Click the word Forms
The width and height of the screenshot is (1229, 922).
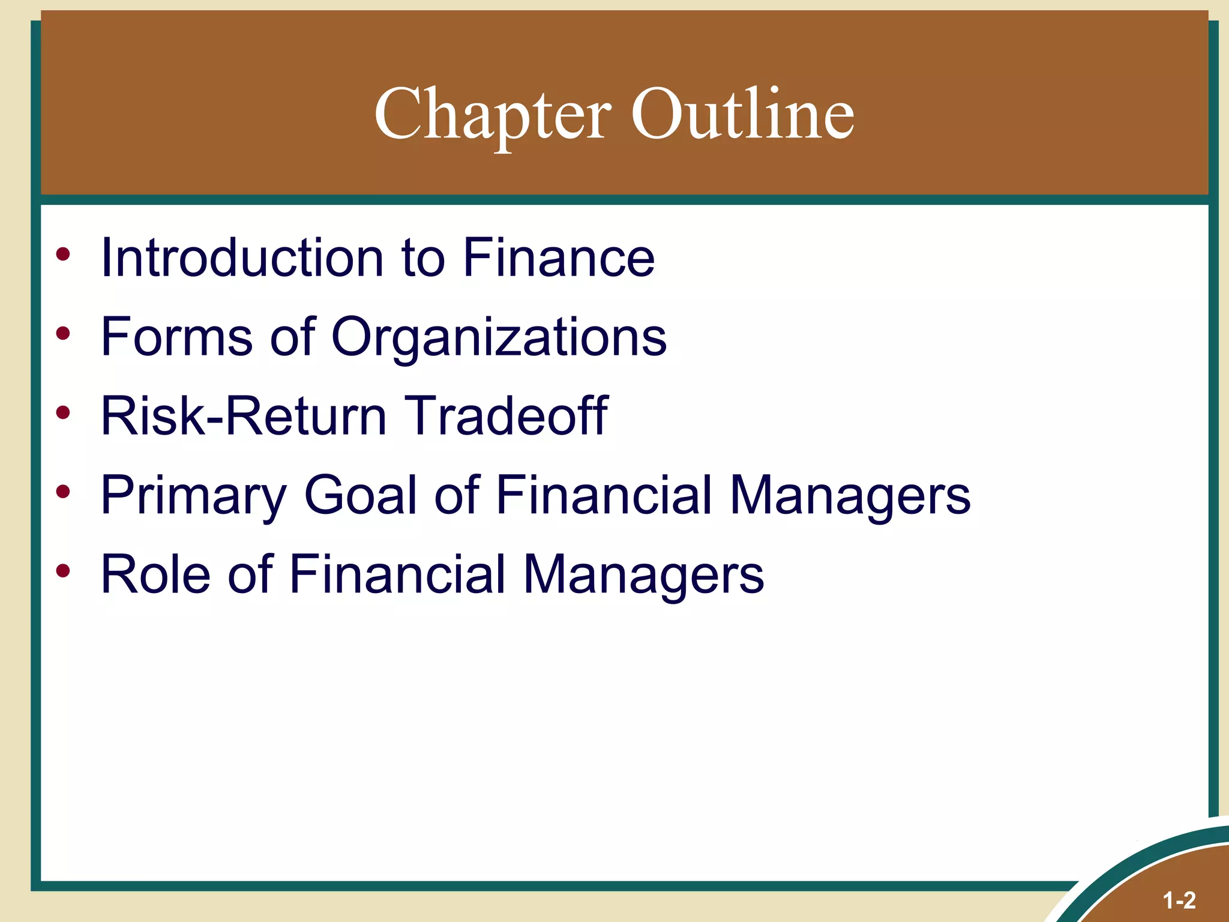[x=176, y=337]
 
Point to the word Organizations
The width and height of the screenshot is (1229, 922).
[x=499, y=337]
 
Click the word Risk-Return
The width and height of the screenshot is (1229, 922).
[x=244, y=416]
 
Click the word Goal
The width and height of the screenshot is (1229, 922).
[x=361, y=495]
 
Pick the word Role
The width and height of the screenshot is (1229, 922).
[x=155, y=574]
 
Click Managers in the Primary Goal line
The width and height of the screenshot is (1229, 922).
[x=850, y=495]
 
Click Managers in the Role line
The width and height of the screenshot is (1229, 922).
[x=643, y=574]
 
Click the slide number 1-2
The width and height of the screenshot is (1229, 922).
[x=1179, y=900]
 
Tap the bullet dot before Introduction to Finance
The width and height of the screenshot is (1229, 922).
[x=63, y=254]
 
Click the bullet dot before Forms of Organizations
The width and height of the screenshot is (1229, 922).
[x=63, y=333]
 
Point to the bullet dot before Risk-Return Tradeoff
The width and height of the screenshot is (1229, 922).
[x=63, y=412]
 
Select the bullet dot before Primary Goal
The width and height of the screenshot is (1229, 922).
[x=63, y=492]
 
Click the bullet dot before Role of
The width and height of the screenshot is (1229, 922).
[x=63, y=571]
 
